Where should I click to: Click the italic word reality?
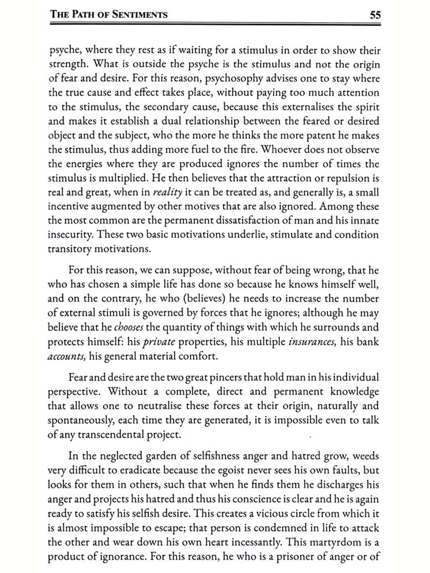[x=168, y=192]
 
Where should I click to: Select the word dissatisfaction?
[x=259, y=221]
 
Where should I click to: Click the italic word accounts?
[x=67, y=356]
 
